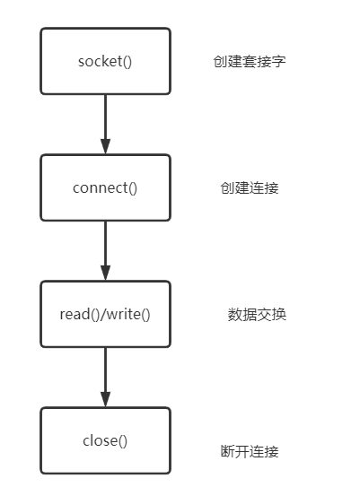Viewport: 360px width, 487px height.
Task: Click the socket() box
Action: [105, 61]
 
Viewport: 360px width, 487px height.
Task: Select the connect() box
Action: [105, 187]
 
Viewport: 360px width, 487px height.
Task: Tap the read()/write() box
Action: [105, 314]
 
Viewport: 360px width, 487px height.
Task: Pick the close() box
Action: [105, 440]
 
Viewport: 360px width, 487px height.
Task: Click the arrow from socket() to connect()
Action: [105, 125]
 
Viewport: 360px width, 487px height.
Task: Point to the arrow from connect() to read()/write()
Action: [105, 251]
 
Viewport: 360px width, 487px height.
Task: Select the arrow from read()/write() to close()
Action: [105, 378]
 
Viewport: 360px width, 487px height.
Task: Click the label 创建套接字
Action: [250, 61]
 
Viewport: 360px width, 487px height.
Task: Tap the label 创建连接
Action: [250, 188]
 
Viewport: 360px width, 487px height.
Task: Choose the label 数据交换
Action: [257, 314]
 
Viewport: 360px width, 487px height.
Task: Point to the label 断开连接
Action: [250, 451]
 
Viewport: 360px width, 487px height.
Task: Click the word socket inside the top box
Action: [100, 61]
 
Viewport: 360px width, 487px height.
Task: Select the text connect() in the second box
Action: [105, 188]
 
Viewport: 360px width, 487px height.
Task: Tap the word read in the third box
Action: [75, 314]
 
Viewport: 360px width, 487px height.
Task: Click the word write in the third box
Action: [124, 314]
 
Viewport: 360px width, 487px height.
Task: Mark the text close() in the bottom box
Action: [105, 440]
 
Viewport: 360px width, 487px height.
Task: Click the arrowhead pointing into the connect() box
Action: [105, 146]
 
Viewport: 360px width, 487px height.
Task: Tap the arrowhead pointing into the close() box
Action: [105, 399]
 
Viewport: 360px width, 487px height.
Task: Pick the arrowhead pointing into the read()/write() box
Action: [105, 273]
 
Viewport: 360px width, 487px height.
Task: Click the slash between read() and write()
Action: [103, 314]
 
